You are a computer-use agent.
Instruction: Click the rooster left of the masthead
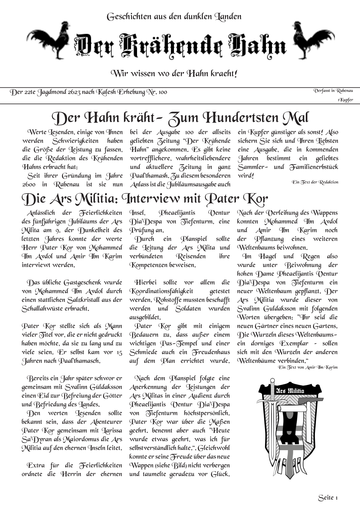[48, 41]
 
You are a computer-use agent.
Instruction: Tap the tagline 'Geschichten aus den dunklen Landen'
[174, 16]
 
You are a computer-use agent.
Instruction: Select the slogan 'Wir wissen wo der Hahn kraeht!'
[174, 73]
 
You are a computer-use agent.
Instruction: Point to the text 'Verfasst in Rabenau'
[333, 90]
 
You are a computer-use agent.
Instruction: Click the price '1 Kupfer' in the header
[345, 100]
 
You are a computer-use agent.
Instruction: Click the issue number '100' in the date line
[162, 92]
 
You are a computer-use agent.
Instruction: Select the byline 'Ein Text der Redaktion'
[315, 182]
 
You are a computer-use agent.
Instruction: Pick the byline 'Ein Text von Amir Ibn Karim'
[308, 367]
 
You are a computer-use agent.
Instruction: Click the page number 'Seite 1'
[328, 498]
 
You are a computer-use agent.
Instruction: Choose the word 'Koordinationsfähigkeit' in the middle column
[161, 291]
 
